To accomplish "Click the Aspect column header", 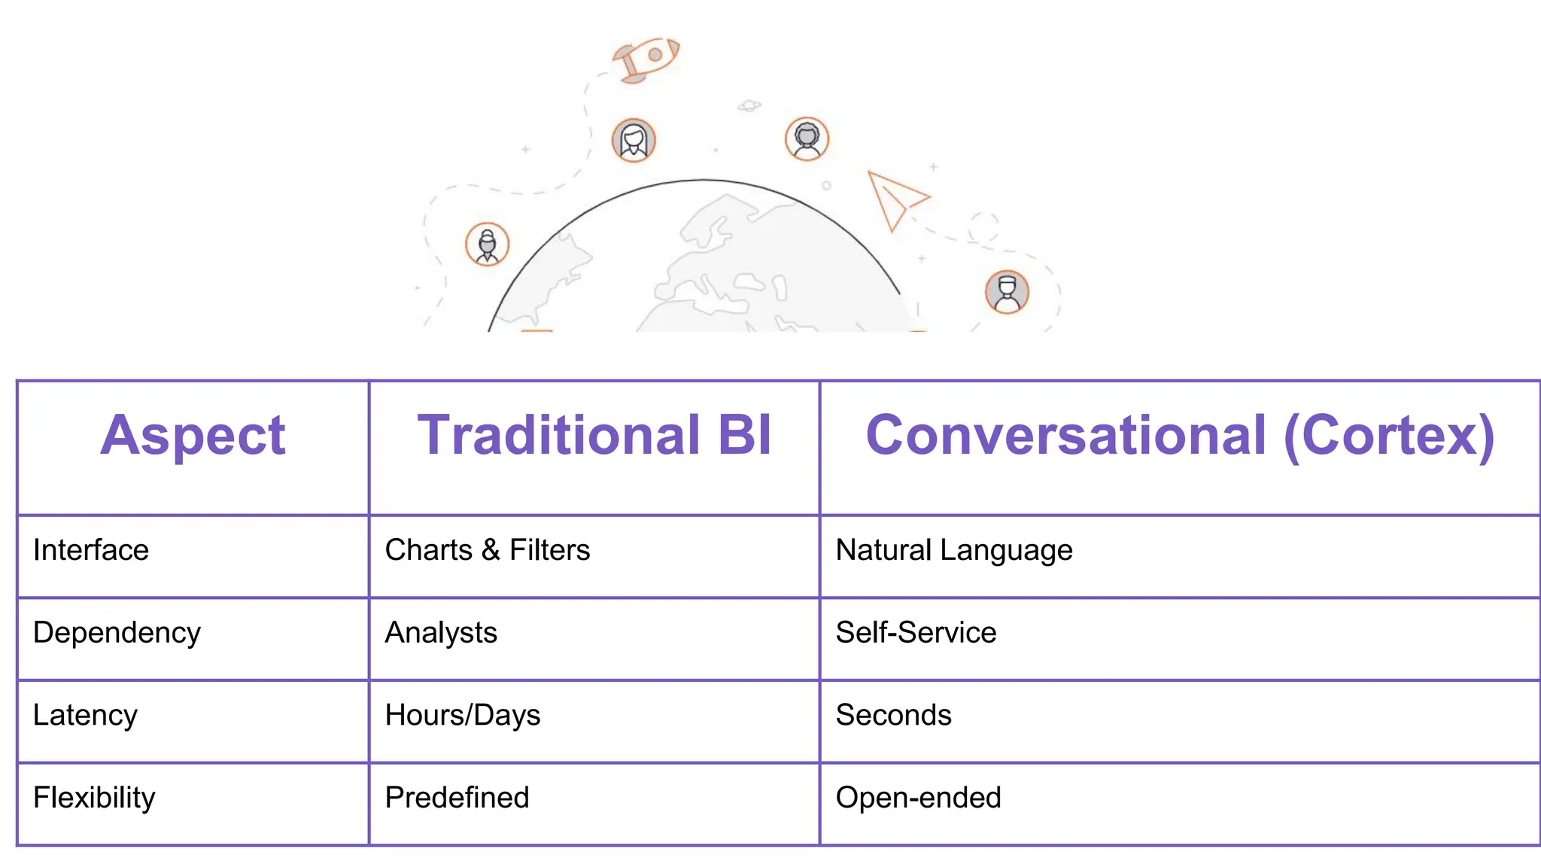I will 193,436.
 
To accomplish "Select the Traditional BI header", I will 594,436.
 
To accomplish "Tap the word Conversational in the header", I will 1065,436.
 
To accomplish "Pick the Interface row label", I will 91,550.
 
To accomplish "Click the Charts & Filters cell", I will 487,550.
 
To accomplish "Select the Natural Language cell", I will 953,550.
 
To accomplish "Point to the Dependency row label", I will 117,633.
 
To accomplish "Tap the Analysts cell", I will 441,633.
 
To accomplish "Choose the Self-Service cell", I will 916,633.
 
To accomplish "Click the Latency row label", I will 85,715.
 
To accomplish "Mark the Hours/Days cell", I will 462,715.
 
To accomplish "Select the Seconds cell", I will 893,715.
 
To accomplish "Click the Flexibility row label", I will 94,798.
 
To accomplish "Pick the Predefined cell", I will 457,798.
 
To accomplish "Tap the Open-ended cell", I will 918,798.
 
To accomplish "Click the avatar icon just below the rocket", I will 634,140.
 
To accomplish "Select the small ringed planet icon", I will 749,106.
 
